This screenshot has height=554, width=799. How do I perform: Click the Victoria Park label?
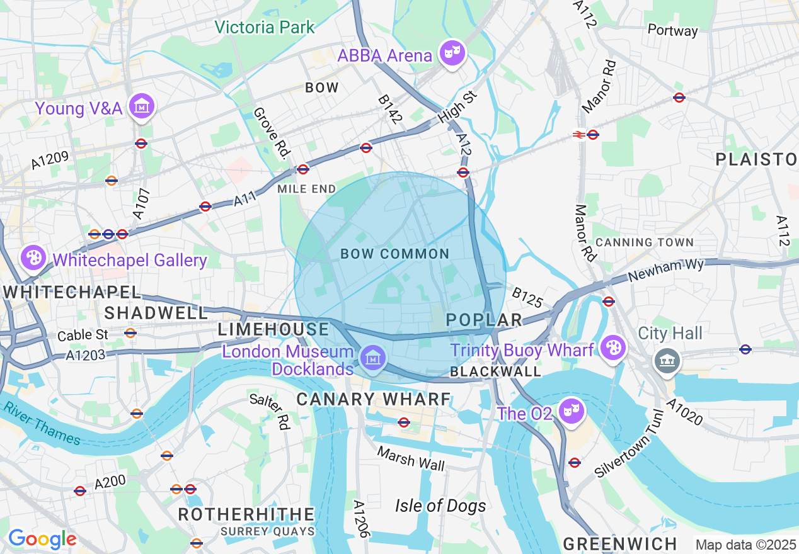(x=264, y=27)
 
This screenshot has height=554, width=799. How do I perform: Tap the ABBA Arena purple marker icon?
(x=452, y=53)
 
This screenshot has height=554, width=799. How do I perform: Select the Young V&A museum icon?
(x=142, y=107)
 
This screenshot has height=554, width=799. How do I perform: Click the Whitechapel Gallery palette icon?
(x=33, y=257)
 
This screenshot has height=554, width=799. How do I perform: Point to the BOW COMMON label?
(x=394, y=254)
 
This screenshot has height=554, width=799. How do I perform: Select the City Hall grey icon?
(x=665, y=361)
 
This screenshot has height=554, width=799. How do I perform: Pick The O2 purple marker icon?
(x=572, y=412)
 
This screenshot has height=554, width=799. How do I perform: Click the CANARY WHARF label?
(x=374, y=399)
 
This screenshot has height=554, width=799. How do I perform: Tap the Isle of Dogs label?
(x=440, y=506)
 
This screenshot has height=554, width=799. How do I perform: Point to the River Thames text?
(x=42, y=424)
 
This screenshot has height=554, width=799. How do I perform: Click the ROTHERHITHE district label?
(x=246, y=514)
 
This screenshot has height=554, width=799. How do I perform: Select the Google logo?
(x=42, y=539)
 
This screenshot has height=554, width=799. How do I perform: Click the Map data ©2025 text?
(x=745, y=544)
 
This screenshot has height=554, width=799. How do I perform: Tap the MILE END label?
(x=307, y=189)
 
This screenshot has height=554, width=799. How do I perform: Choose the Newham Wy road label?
(x=666, y=272)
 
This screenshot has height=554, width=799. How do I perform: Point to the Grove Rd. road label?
(x=272, y=132)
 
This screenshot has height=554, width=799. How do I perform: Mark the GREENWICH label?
(x=620, y=544)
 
